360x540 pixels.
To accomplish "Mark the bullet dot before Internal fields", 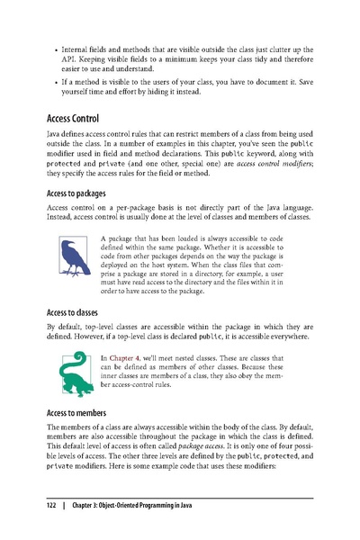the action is coord(58,43).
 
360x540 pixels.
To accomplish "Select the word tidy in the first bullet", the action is coord(251,56).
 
